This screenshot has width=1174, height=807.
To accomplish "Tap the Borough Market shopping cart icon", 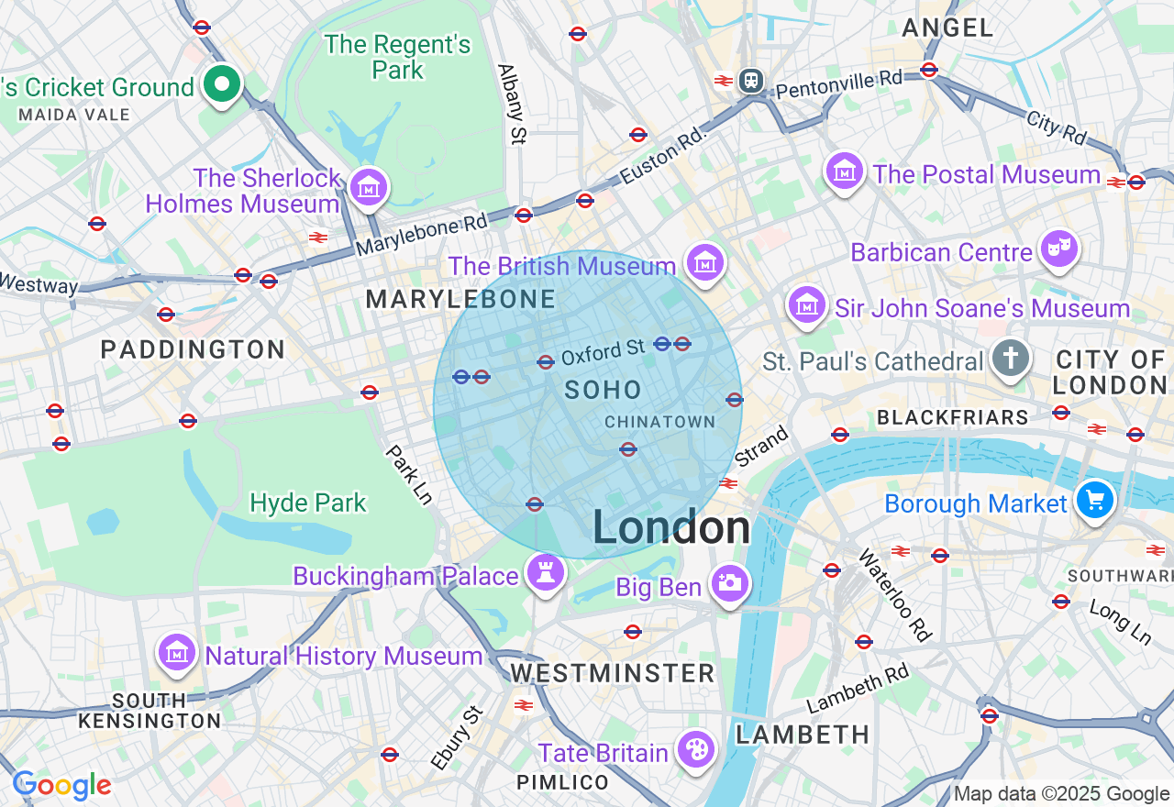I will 1095,501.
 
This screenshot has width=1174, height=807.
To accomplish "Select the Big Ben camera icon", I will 729,583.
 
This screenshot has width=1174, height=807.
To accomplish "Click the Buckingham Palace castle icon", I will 546,574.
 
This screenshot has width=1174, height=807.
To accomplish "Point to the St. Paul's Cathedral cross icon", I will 1011,358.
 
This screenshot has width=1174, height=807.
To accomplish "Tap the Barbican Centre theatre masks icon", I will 1058,249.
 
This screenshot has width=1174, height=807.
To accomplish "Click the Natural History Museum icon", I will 176,653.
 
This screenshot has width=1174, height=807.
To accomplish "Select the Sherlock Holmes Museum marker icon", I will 369,188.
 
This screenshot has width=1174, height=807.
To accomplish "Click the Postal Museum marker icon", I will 845,171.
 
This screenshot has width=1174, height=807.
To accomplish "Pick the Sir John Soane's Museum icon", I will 806,306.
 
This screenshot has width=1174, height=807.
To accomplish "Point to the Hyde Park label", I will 308,503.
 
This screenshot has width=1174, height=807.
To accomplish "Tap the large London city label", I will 671,528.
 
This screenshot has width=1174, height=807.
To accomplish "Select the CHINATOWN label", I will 659,422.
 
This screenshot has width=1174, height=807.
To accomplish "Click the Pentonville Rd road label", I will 838,83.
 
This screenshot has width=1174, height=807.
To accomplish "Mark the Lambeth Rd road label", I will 858,690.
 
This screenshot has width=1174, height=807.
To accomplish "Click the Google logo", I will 62,785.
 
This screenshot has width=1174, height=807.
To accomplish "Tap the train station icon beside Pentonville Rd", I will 752,80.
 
